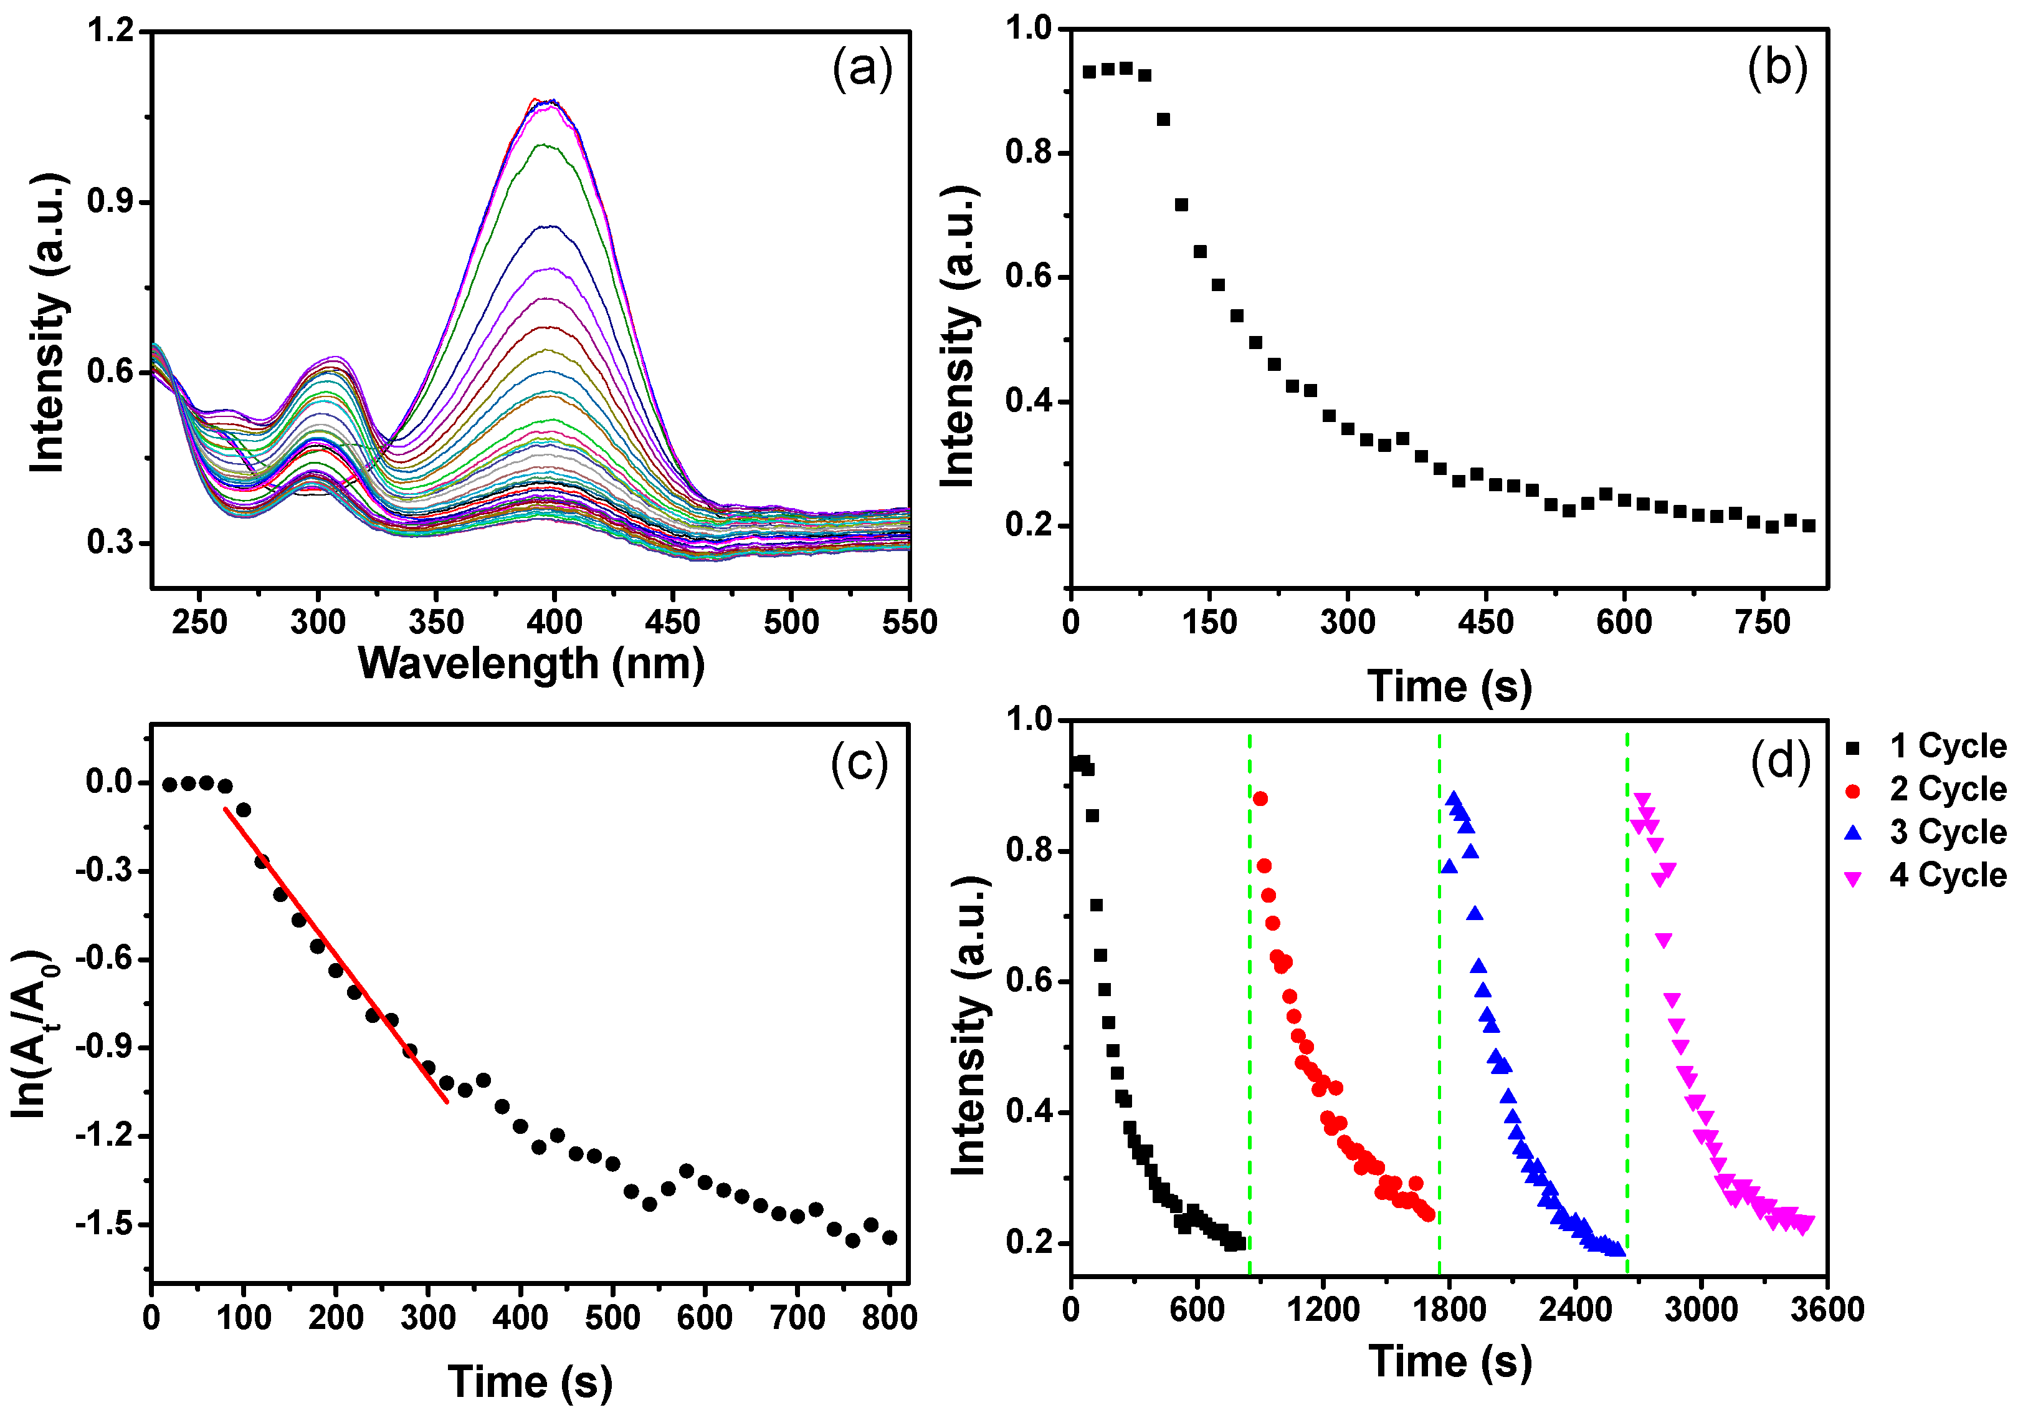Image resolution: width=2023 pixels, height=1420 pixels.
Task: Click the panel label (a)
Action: pos(863,68)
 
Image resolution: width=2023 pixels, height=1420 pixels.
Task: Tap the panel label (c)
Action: pos(859,764)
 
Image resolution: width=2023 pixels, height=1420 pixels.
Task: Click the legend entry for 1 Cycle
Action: pos(1925,747)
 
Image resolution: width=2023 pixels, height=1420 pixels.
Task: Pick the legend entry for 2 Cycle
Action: pos(1925,790)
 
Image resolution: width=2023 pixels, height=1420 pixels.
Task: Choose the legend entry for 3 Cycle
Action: pos(1925,832)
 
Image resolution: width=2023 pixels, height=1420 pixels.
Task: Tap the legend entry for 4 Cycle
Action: pos(1925,875)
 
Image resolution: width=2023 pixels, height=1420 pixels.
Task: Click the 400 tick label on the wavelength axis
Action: pos(555,622)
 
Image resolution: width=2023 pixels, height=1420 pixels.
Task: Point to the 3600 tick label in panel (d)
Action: pos(1827,1310)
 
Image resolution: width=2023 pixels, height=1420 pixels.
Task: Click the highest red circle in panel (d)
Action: pos(1260,799)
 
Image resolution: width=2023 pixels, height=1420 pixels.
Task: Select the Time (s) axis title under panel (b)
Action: pos(1449,686)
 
